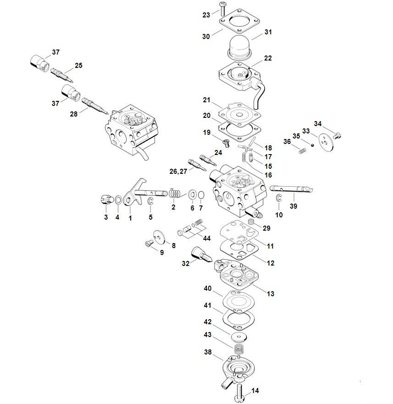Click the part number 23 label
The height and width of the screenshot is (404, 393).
pos(206,15)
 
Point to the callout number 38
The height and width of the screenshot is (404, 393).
pos(208,352)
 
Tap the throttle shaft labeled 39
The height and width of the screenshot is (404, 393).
pos(291,189)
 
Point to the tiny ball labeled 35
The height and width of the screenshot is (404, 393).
pos(312,145)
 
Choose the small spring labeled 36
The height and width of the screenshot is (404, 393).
pos(302,150)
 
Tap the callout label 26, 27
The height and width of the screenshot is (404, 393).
pos(178,172)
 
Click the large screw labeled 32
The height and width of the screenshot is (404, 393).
pos(201,255)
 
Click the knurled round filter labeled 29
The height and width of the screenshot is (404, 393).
pos(251,223)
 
